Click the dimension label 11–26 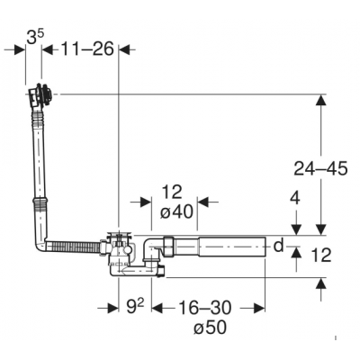pos(87,49)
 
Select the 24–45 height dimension pos(320,168)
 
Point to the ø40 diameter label pos(176,212)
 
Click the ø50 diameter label pos(210,328)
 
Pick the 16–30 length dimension pos(205,307)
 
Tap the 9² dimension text pos(135,307)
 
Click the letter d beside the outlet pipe pos(279,246)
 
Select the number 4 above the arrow pos(296,198)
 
